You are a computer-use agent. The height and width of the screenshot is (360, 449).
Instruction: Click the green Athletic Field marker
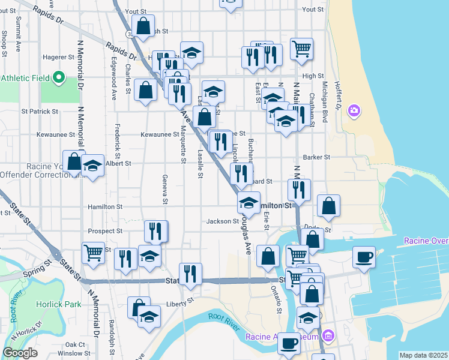[59, 77]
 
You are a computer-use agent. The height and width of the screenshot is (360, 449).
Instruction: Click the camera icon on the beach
[355, 110]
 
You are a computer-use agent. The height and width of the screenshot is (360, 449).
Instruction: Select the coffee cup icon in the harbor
[364, 257]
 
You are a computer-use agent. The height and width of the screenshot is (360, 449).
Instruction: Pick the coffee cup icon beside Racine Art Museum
[289, 344]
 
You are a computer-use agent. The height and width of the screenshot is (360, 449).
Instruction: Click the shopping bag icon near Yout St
[143, 26]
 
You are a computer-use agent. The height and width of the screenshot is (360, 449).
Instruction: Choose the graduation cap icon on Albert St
[92, 166]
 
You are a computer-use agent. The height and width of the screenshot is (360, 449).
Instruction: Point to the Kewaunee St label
[159, 135]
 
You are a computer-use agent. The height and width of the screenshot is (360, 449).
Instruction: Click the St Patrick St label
[40, 112]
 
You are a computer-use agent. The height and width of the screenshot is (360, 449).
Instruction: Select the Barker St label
[317, 157]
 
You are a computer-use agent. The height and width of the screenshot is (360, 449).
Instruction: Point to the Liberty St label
[181, 301]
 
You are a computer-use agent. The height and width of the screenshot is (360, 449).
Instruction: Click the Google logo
[20, 353]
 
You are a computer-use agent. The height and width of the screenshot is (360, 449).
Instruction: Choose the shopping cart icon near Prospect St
[93, 253]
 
